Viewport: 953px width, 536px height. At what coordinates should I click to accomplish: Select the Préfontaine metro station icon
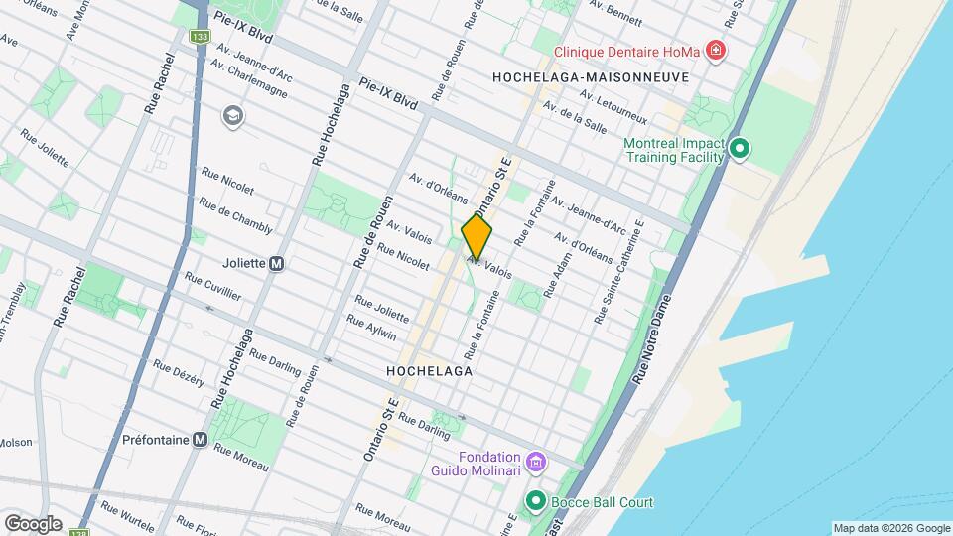(x=201, y=440)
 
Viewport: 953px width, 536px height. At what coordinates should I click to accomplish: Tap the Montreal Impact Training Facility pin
(x=739, y=150)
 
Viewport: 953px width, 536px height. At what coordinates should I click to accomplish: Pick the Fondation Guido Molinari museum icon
(x=536, y=462)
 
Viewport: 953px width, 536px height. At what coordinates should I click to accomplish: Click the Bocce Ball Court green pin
(x=536, y=502)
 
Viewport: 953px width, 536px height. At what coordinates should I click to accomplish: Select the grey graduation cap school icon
(x=233, y=116)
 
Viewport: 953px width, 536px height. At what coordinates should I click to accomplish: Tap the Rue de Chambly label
(x=235, y=215)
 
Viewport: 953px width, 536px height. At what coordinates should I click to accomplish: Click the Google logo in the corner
(x=32, y=523)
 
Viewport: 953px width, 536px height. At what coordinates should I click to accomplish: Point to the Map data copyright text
(x=889, y=528)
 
